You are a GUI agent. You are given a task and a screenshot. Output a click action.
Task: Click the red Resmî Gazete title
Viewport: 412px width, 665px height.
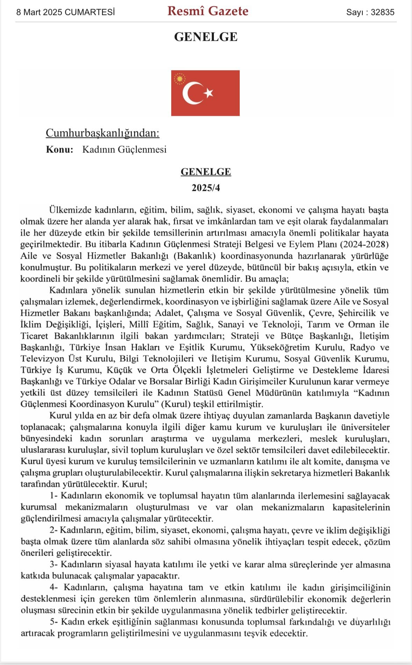coord(208,11)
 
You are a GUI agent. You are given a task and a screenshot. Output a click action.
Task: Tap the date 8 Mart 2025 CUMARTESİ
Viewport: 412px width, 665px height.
coord(66,12)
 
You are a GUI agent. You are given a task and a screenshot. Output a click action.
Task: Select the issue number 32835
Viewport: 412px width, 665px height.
coord(382,12)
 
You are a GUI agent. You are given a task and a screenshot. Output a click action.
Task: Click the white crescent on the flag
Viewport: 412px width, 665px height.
coord(191,93)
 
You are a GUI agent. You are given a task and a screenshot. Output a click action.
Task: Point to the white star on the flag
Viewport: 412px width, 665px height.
coord(209,93)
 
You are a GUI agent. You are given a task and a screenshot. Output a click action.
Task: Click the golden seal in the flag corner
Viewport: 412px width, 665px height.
coord(180,79)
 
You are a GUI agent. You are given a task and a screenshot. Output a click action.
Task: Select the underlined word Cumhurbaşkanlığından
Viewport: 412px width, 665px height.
coord(102,133)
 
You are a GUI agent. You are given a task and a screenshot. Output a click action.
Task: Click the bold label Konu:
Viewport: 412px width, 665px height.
coord(60,149)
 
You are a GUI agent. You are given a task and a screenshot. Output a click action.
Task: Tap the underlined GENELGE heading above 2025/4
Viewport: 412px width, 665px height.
coord(206,172)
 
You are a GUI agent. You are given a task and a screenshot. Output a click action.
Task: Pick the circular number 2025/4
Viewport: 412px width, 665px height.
coord(206,188)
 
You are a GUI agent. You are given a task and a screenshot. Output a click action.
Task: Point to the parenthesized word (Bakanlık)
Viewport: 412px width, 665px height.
coord(194,256)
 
